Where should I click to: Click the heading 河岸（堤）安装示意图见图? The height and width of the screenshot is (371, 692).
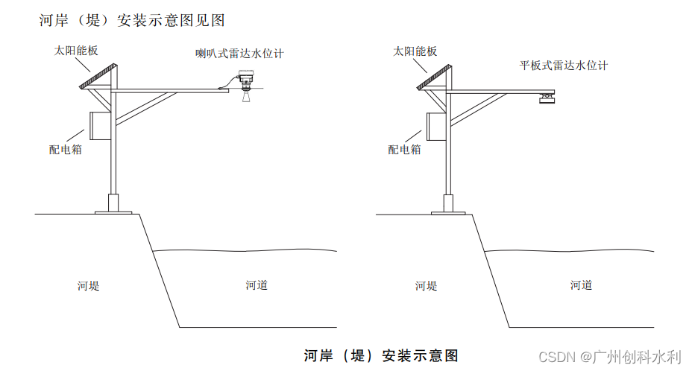tap(132, 20)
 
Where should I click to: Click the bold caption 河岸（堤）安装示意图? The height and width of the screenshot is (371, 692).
tap(380, 355)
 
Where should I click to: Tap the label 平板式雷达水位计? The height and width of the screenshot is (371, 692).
tap(564, 66)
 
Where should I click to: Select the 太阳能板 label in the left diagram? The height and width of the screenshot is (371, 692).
tap(75, 51)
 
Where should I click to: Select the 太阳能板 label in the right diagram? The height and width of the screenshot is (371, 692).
tap(415, 51)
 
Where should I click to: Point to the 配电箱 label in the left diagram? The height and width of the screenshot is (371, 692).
tap(66, 149)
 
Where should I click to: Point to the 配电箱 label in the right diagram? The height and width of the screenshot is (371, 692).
tap(405, 149)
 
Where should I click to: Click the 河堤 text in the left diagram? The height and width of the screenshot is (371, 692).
tap(88, 285)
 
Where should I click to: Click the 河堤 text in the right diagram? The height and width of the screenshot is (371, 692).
tap(426, 285)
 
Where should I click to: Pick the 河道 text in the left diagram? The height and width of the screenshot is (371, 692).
tap(257, 285)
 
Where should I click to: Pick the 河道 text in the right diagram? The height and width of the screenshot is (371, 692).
tap(581, 285)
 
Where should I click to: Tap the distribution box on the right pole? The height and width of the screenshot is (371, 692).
tap(435, 125)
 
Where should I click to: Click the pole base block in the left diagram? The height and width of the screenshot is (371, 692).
tap(113, 203)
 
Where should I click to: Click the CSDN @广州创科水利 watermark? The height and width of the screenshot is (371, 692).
tap(609, 357)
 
